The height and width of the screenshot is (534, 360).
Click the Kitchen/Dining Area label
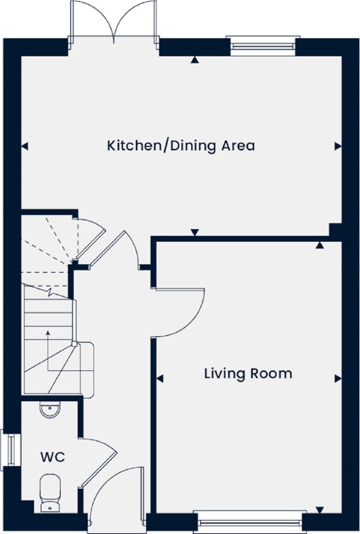tap(181, 145)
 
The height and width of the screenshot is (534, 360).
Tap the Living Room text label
tap(248, 373)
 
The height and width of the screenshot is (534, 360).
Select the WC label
tap(53, 457)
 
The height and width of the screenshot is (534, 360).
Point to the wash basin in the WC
tap(50, 409)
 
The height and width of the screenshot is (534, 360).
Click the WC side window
tap(11, 448)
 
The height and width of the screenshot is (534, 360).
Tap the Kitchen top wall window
tap(263, 46)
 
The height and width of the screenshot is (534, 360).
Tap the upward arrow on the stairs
tap(48, 334)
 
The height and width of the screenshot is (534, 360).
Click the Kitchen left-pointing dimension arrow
tap(25, 146)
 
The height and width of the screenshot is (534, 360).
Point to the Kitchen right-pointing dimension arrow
tap(338, 146)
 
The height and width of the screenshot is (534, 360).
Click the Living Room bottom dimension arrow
tap(319, 510)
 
